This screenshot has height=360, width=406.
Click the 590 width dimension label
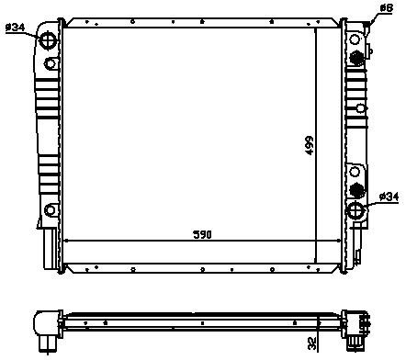tap(202, 234)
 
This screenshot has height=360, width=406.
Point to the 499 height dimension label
tap(310, 145)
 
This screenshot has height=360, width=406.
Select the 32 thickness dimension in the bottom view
tap(311, 343)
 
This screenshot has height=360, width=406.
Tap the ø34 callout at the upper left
tap(15, 28)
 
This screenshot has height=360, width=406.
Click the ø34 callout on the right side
tap(389, 197)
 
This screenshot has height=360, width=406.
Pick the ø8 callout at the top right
tap(386, 8)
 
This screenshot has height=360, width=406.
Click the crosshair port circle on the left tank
tap(48, 40)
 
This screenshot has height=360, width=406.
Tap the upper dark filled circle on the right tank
tap(356, 57)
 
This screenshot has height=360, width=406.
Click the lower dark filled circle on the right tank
tap(356, 190)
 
